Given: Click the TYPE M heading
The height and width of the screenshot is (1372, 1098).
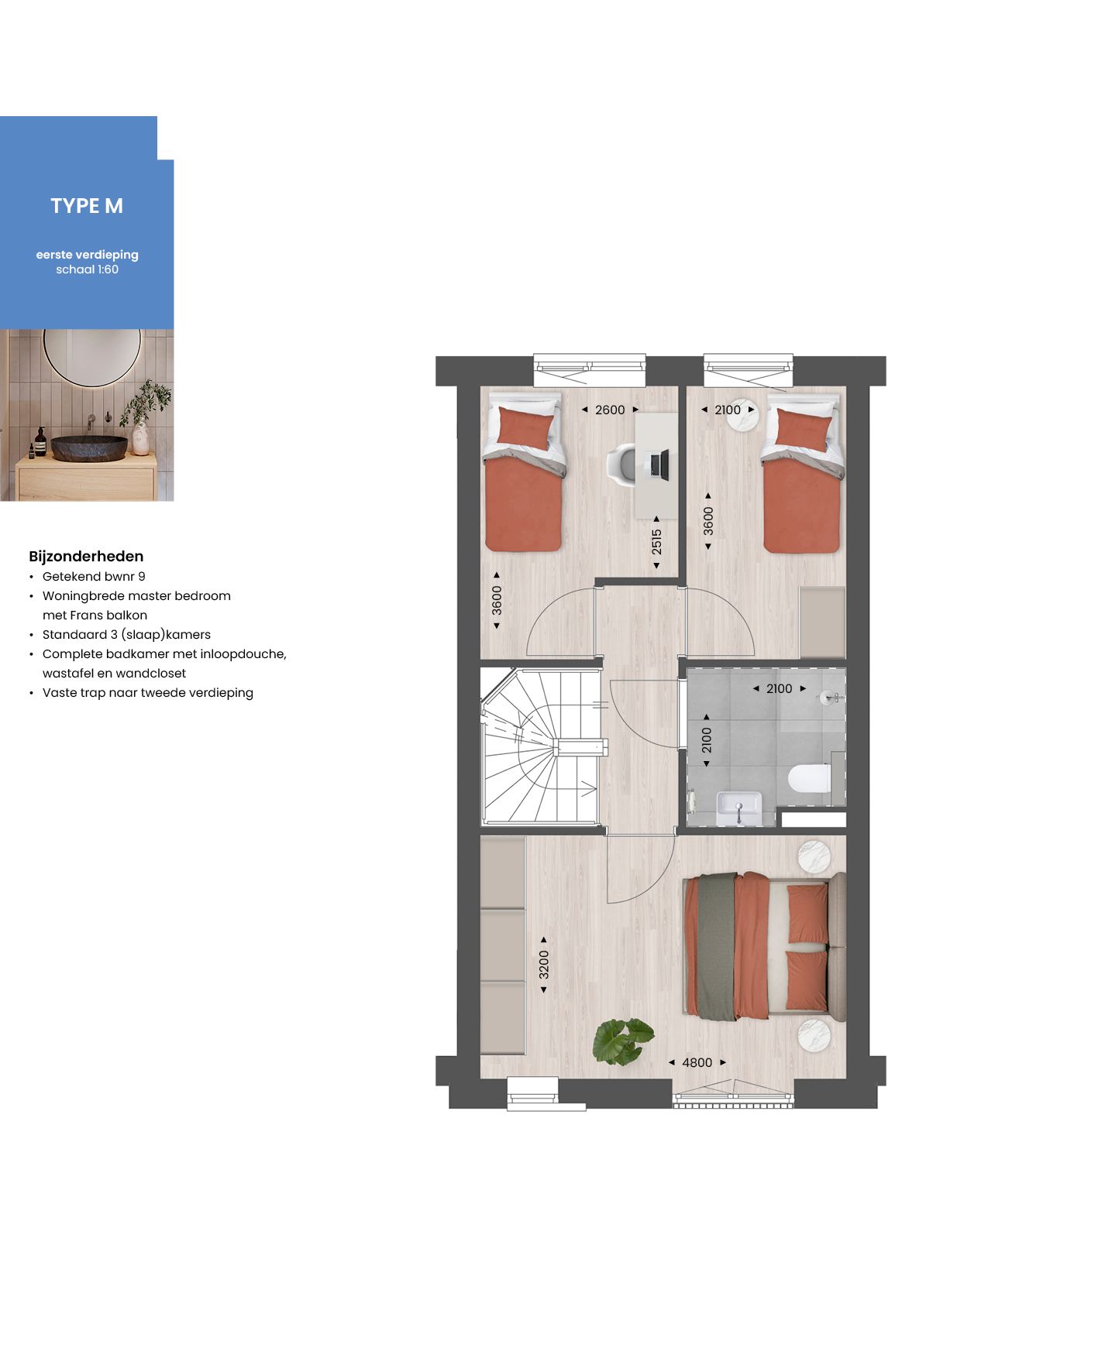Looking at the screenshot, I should click(87, 206).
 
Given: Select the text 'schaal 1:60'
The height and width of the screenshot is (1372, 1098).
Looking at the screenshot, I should click(87, 269).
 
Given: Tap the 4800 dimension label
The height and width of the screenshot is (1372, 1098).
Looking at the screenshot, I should click(697, 1062).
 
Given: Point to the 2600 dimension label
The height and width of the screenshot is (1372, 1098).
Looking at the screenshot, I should click(610, 410).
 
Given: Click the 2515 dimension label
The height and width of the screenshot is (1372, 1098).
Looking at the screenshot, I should click(656, 541).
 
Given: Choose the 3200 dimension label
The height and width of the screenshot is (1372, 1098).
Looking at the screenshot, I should click(544, 964).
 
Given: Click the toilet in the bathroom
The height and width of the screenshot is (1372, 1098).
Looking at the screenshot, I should click(809, 778).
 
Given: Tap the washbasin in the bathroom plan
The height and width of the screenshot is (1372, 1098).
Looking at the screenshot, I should click(738, 808).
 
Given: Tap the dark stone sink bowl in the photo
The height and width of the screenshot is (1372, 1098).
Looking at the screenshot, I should click(90, 448).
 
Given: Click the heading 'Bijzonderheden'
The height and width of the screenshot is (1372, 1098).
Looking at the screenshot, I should click(86, 556).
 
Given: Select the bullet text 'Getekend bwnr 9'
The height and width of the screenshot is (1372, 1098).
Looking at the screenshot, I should click(94, 576).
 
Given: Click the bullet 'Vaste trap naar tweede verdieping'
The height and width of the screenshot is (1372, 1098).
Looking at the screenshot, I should click(147, 692).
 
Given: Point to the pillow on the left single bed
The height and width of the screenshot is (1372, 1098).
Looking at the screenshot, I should click(525, 426).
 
